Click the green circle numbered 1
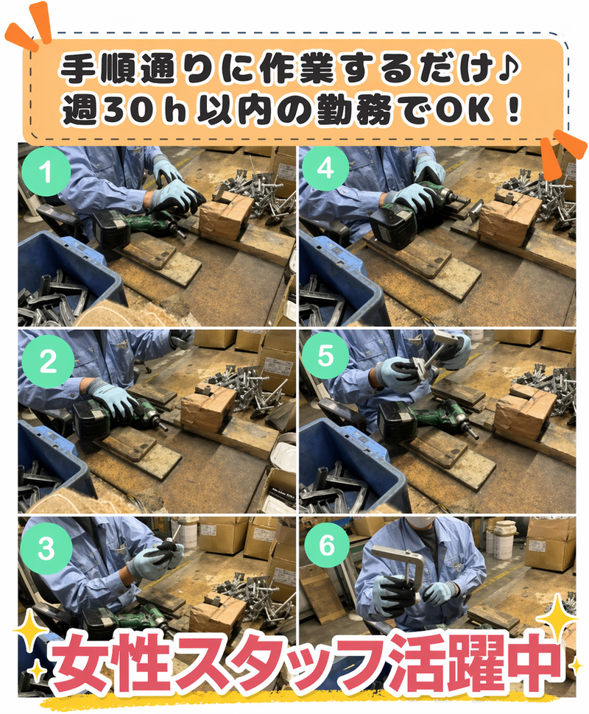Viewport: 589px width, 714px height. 46,174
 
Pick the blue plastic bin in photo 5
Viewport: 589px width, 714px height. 346,456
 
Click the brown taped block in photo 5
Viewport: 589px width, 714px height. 524,412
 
